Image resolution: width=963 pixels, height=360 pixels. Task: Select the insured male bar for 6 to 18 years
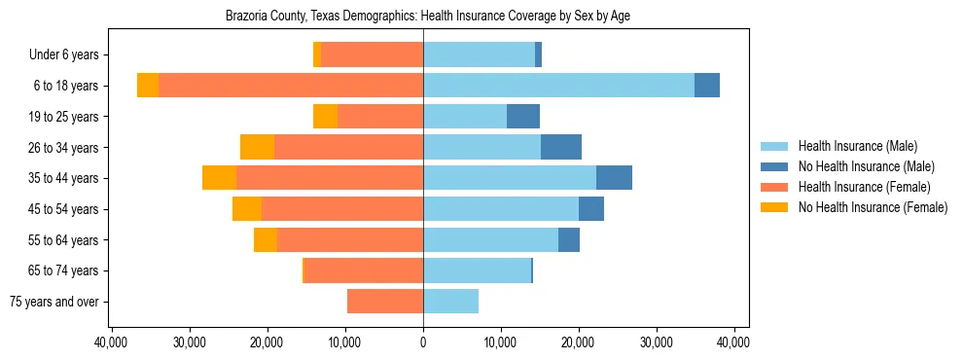[x=558, y=86]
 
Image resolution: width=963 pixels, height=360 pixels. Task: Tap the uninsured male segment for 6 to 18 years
[x=707, y=86]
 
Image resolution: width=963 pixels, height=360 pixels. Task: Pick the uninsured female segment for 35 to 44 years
[x=219, y=178]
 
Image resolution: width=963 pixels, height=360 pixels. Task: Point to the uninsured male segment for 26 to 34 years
[x=561, y=147]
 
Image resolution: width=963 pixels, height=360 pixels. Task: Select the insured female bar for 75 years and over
[x=385, y=302]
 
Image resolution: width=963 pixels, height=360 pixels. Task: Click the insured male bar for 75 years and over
[x=450, y=302]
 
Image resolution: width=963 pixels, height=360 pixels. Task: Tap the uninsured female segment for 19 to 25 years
[x=325, y=117]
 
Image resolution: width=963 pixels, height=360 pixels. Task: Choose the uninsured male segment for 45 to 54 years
[x=591, y=209]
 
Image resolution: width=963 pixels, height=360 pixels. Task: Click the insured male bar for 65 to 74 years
[x=477, y=270]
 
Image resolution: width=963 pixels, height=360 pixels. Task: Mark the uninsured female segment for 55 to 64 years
[x=266, y=239]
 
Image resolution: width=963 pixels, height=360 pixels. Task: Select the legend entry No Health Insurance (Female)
[x=873, y=207]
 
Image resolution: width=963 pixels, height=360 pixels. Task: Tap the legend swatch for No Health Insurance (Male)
[x=775, y=166]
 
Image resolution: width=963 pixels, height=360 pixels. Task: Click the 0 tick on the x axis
[x=423, y=342]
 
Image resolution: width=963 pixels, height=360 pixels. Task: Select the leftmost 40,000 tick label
[x=112, y=342]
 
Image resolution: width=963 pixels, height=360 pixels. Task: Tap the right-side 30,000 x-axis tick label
[x=656, y=342]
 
